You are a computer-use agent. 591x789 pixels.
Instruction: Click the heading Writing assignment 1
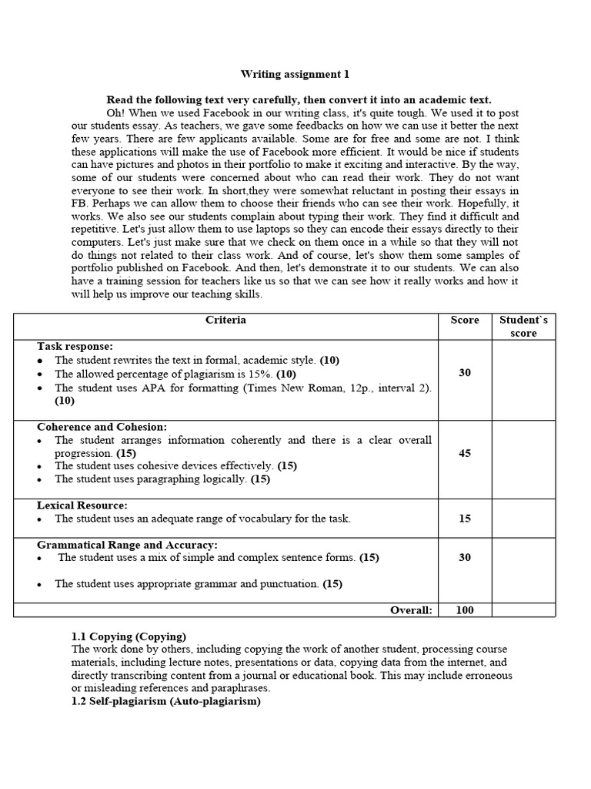click(295, 75)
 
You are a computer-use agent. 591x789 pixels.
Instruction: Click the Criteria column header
click(225, 320)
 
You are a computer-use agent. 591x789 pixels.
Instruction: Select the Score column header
click(464, 320)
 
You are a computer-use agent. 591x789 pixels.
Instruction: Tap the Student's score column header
click(523, 326)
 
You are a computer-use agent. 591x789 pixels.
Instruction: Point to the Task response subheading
click(75, 347)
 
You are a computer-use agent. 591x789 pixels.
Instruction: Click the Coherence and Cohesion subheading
click(102, 427)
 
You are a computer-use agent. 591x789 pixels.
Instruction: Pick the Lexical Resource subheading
click(82, 505)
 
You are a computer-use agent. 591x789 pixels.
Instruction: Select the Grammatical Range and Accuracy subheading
click(127, 544)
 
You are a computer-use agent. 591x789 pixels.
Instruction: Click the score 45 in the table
click(465, 453)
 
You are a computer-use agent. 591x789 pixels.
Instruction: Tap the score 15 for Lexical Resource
click(465, 519)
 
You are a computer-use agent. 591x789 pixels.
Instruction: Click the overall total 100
click(465, 610)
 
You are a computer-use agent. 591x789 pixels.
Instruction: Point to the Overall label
click(411, 610)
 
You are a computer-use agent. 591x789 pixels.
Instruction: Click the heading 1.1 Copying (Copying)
click(129, 636)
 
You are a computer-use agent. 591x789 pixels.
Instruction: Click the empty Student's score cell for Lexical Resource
click(523, 519)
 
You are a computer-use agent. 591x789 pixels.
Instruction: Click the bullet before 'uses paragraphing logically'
click(40, 479)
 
